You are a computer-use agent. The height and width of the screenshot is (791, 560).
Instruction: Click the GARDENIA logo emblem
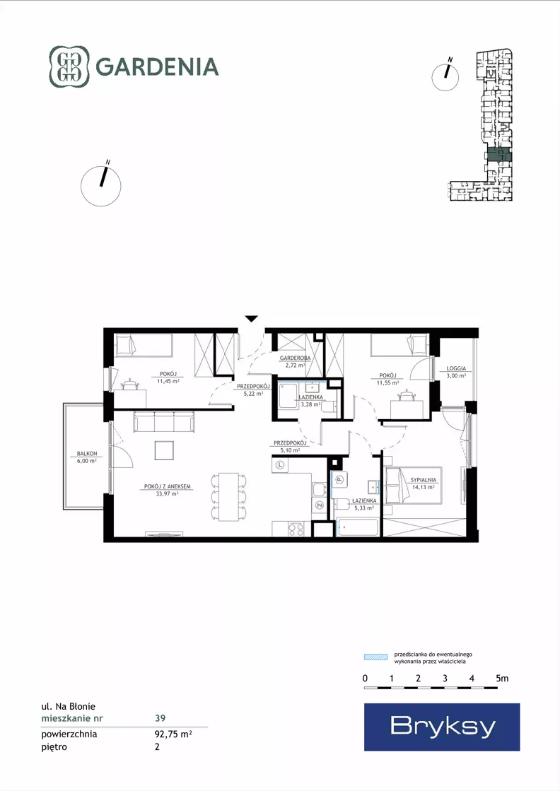click(x=69, y=66)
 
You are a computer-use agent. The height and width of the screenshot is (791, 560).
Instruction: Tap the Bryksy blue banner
click(x=442, y=727)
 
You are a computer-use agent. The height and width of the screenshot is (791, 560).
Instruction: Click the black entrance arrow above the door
click(x=252, y=318)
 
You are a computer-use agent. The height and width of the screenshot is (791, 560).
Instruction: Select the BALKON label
click(x=87, y=454)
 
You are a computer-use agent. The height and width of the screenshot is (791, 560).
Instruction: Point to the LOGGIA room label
click(x=456, y=369)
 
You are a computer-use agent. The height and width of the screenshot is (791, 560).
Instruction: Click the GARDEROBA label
click(x=296, y=358)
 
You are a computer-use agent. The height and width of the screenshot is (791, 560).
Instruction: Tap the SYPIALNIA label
click(x=424, y=480)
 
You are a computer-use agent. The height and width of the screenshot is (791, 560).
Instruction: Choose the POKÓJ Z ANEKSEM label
click(x=168, y=487)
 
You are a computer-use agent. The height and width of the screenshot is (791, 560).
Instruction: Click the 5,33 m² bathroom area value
click(x=364, y=508)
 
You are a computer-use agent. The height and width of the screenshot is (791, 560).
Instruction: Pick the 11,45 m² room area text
click(x=168, y=382)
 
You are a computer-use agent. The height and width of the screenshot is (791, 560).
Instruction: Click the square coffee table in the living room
click(x=164, y=450)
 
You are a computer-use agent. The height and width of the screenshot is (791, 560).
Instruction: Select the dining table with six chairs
click(x=229, y=497)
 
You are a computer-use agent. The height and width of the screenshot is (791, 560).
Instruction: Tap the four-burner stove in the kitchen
click(x=296, y=529)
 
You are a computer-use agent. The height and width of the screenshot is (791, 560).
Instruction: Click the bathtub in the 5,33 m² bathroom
click(x=357, y=527)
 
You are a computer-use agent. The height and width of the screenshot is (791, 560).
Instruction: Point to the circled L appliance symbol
click(x=280, y=464)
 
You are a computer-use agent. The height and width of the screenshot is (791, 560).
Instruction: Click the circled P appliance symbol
click(x=339, y=480)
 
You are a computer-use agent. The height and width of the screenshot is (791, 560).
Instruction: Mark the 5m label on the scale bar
click(x=502, y=679)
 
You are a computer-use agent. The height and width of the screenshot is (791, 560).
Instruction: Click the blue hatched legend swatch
click(x=376, y=657)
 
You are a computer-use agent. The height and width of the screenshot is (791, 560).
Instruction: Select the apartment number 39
click(x=160, y=718)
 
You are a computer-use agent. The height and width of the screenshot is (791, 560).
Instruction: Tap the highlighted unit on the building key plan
click(x=499, y=156)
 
